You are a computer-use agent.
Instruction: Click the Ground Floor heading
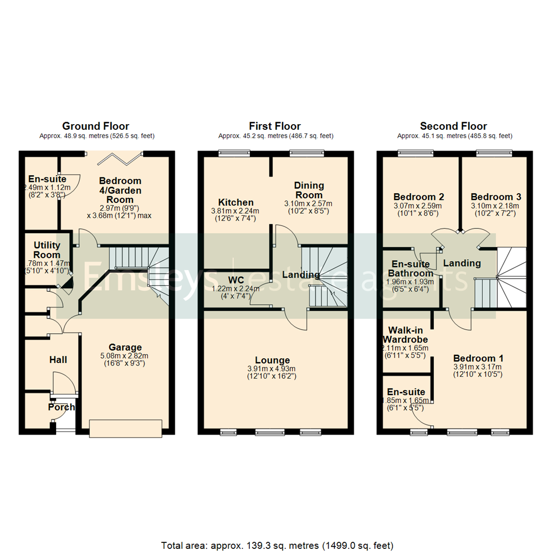[x=96, y=126]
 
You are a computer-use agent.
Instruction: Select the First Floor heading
[x=275, y=126]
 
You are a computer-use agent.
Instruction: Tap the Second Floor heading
[x=453, y=126]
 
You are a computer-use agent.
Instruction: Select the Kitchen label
[x=236, y=202]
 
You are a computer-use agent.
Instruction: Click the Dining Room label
[x=309, y=190]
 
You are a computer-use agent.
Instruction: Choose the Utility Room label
[x=47, y=250]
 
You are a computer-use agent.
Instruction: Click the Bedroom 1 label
[x=474, y=358]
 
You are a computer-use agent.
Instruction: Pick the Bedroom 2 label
[x=419, y=197]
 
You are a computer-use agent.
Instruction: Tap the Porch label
[x=61, y=407]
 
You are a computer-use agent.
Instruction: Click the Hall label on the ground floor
[x=58, y=360]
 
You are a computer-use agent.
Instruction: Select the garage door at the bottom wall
[x=126, y=428]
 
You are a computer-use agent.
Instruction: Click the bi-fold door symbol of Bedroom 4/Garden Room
[x=115, y=158]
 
